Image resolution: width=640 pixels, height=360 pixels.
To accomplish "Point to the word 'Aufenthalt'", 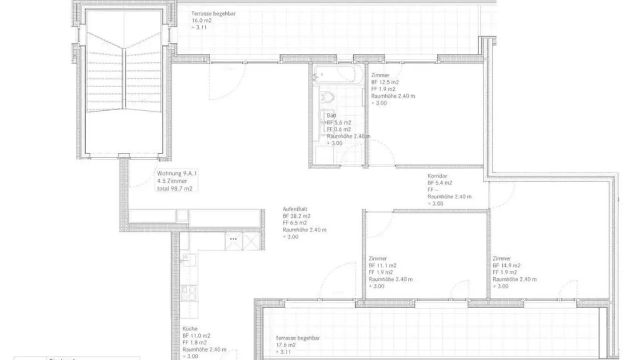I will pos(295,209).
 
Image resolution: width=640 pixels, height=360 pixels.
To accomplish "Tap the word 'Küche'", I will pos(190,329).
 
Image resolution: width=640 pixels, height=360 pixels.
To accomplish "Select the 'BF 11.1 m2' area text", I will pos(382,265).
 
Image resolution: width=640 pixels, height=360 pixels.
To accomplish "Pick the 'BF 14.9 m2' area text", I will pos(506,265).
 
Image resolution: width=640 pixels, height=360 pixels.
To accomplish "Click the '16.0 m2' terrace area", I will pos(201,20).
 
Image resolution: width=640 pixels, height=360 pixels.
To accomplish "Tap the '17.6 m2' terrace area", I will pos(285,345).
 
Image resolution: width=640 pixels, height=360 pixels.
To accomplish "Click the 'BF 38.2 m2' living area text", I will pos(296,216).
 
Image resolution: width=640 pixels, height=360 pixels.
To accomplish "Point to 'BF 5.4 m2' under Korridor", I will pos(440,183).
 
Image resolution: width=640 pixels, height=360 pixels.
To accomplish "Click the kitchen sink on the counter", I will pos(187,257).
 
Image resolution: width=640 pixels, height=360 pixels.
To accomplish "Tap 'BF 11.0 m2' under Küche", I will pos(196,336).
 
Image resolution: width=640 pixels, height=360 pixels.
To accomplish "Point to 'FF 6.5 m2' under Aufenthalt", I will pos(295,223).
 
